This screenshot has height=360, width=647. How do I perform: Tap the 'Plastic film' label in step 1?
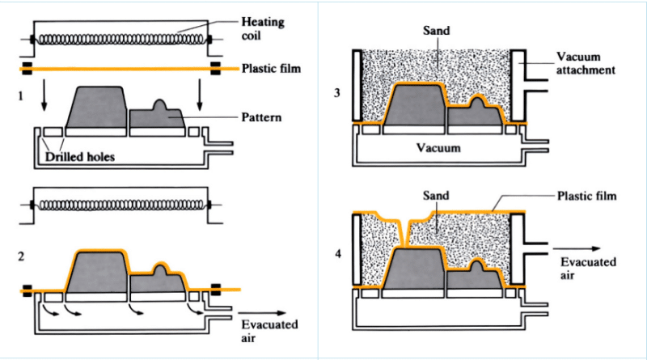click(x=271, y=69)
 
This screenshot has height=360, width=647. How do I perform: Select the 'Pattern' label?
click(x=262, y=116)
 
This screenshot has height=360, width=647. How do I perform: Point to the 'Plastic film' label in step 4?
click(x=586, y=196)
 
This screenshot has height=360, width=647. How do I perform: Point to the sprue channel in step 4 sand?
click(x=404, y=231)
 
